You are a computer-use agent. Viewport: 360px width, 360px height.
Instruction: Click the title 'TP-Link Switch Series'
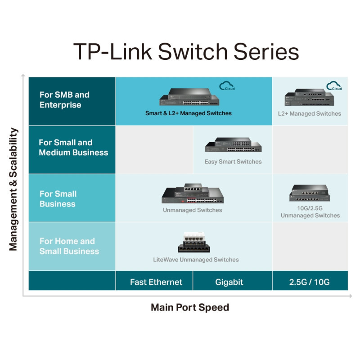(186, 52)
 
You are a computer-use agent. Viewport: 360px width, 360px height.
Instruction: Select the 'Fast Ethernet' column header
(156, 282)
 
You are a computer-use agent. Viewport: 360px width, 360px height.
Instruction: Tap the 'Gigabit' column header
(229, 282)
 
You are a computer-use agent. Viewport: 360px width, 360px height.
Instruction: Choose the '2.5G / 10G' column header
(309, 282)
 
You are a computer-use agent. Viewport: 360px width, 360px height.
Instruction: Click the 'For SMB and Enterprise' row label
(64, 100)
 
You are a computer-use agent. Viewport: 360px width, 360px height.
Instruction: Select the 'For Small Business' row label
(58, 199)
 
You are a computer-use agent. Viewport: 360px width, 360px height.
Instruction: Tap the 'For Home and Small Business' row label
(69, 246)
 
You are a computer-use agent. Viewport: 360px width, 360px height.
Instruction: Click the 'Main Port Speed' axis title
(190, 307)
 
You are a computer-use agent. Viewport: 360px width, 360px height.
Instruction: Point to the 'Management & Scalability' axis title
(13, 189)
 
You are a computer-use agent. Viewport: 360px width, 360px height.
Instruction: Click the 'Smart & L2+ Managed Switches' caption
(188, 113)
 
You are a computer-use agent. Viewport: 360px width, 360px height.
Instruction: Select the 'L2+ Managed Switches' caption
(309, 113)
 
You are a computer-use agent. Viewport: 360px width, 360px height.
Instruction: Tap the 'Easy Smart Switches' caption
(233, 162)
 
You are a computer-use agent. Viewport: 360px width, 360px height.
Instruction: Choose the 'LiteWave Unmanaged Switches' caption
(196, 260)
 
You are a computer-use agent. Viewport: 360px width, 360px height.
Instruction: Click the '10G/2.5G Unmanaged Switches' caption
(310, 212)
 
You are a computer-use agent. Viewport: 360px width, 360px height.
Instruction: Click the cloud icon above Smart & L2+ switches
(227, 85)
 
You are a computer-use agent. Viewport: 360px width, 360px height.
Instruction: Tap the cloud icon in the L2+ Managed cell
(334, 85)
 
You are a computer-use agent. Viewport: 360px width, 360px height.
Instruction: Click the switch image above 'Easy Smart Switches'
(233, 145)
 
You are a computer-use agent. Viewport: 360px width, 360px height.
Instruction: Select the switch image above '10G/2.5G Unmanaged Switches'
(310, 193)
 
